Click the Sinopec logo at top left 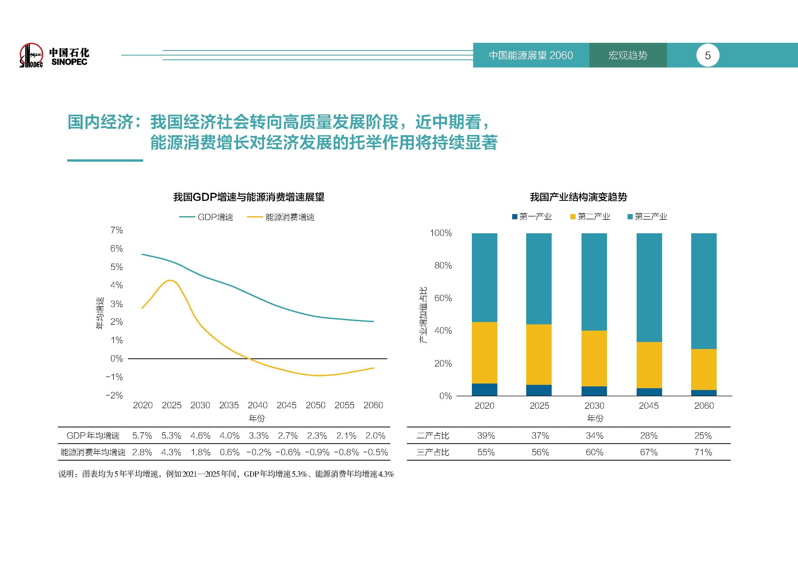coord(31,56)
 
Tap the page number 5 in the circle coord(708,56)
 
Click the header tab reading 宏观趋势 coord(628,56)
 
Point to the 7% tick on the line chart coord(116,230)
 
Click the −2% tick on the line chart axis coord(114,395)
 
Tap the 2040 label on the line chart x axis coord(258,405)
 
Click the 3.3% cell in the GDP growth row coord(259,435)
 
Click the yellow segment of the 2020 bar coord(484,353)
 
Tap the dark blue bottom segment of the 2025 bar coord(539,390)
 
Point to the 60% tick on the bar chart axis coord(443,298)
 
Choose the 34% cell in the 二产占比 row coord(594,435)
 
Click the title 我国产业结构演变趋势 coord(578,197)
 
